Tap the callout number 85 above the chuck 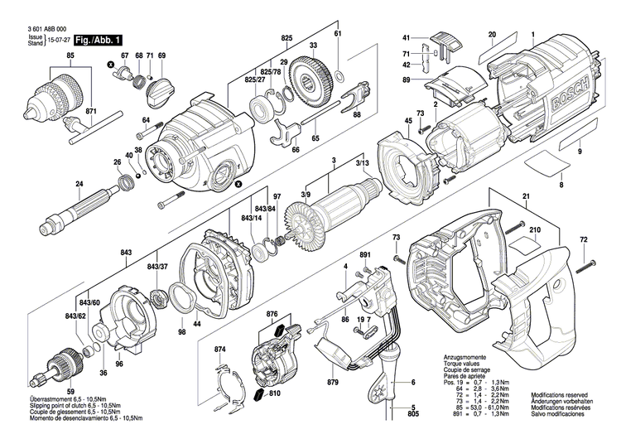70,55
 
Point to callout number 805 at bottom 412,415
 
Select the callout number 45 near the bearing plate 407,122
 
